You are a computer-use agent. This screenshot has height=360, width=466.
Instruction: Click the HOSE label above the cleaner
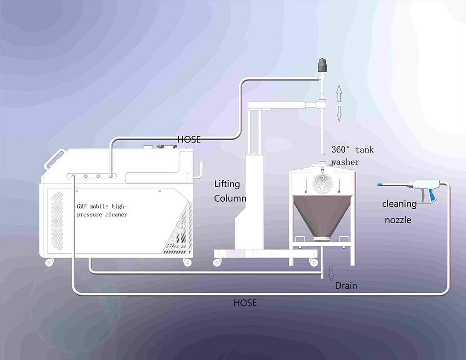tap(189, 139)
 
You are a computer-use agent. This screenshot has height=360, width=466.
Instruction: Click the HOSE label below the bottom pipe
tap(245, 303)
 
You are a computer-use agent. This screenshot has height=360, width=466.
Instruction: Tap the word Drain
tap(346, 285)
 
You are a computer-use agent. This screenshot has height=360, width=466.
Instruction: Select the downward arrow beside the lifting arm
tap(339, 113)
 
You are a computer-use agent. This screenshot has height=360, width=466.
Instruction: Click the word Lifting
tap(227, 184)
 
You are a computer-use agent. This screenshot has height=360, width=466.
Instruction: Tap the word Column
tap(230, 198)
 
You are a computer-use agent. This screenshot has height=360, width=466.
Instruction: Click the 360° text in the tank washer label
tap(341, 150)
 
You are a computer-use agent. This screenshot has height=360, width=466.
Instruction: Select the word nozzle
tap(398, 220)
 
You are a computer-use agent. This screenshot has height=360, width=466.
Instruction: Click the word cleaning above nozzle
tap(399, 204)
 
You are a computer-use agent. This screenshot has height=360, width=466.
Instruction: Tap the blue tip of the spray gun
tap(381, 185)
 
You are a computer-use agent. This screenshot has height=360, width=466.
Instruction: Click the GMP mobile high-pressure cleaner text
tap(102, 211)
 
